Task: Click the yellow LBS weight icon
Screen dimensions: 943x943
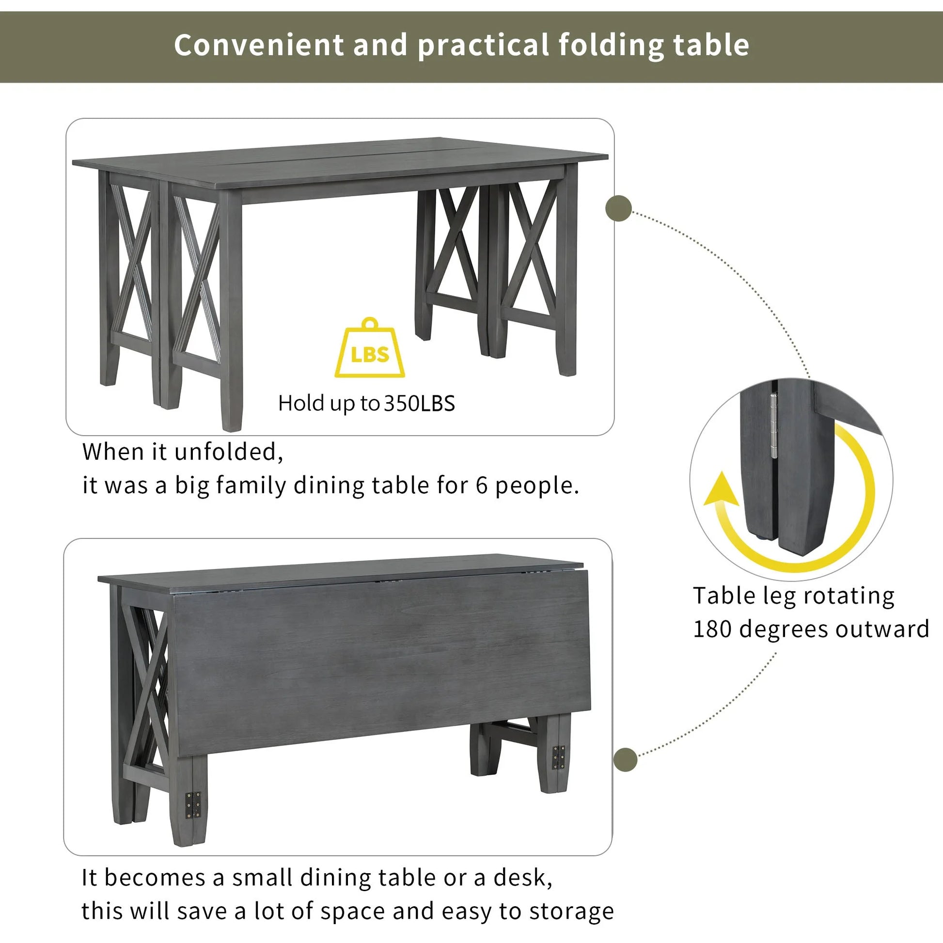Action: point(369,349)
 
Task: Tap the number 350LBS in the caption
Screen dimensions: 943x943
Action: point(419,404)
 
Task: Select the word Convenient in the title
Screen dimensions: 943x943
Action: point(259,45)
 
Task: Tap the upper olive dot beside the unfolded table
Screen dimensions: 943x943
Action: point(618,208)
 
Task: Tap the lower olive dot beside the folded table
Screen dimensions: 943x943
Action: point(625,760)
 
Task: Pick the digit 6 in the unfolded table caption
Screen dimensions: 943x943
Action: point(482,486)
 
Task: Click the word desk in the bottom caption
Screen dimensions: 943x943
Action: point(522,878)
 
